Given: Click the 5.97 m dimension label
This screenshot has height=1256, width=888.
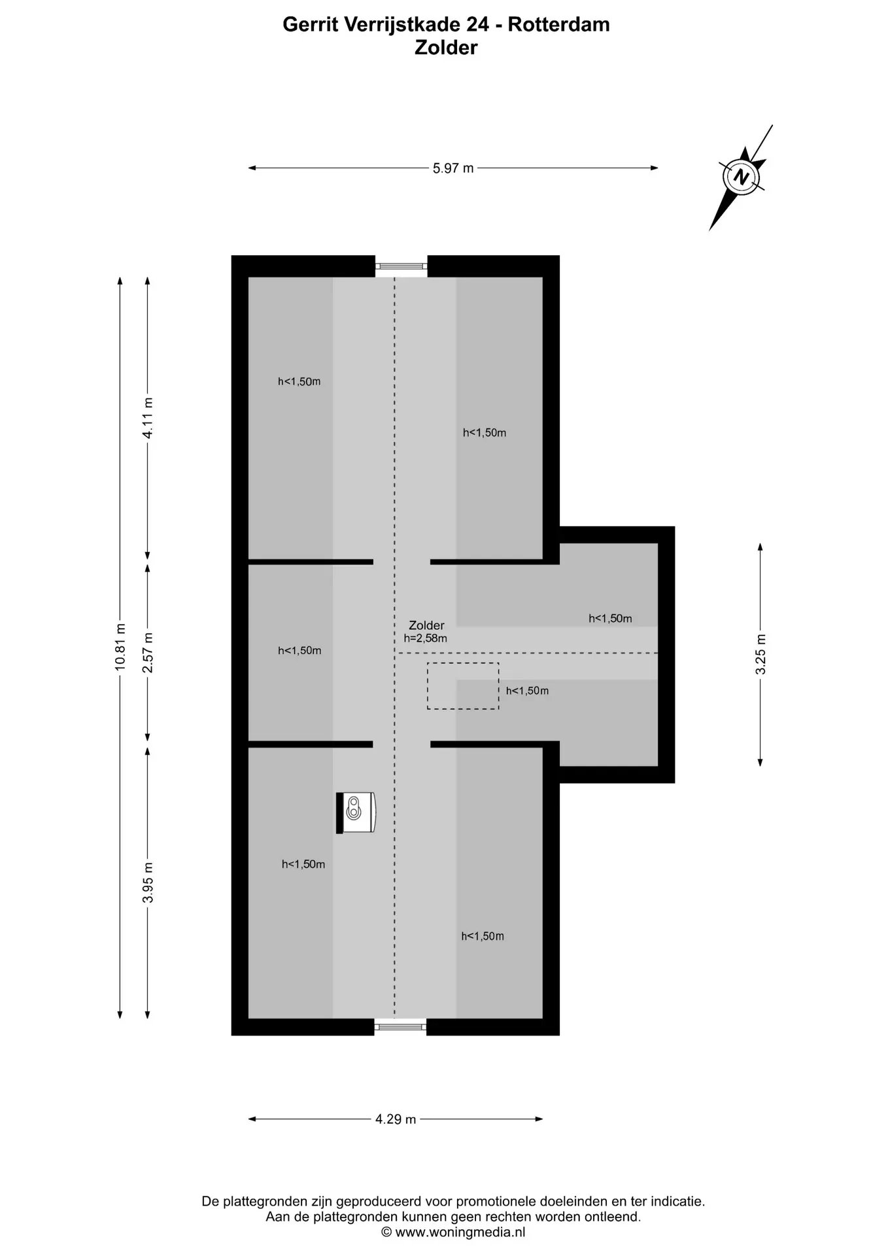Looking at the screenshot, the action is [x=453, y=168].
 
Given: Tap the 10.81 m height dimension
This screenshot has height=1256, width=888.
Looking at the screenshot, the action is [x=120, y=646].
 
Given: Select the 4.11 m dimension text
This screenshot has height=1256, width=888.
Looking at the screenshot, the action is [x=148, y=418].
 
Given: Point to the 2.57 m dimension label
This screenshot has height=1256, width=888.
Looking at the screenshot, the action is [x=148, y=652].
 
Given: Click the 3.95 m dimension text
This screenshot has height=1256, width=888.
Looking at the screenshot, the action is [x=148, y=882].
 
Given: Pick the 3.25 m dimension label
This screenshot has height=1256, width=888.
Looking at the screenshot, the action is [x=760, y=654].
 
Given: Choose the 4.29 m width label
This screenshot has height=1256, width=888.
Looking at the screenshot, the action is [x=396, y=1119].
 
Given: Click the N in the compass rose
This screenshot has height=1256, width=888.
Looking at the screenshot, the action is [x=742, y=177].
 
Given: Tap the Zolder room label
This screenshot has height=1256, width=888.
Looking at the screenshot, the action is [x=426, y=625].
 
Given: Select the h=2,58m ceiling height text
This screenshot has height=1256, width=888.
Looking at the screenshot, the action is [x=426, y=638].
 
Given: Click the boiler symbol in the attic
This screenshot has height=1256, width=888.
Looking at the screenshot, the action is [x=356, y=812].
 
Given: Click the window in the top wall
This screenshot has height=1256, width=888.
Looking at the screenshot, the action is [x=401, y=266].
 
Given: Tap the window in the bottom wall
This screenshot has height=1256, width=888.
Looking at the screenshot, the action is [x=400, y=1027].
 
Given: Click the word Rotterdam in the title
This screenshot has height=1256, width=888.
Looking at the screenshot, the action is [x=559, y=24].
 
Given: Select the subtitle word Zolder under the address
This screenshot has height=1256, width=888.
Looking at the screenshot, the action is [x=446, y=47].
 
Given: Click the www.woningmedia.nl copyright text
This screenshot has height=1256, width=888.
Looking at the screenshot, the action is [x=453, y=1232].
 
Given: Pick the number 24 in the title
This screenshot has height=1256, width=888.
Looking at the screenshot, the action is [x=477, y=24].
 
